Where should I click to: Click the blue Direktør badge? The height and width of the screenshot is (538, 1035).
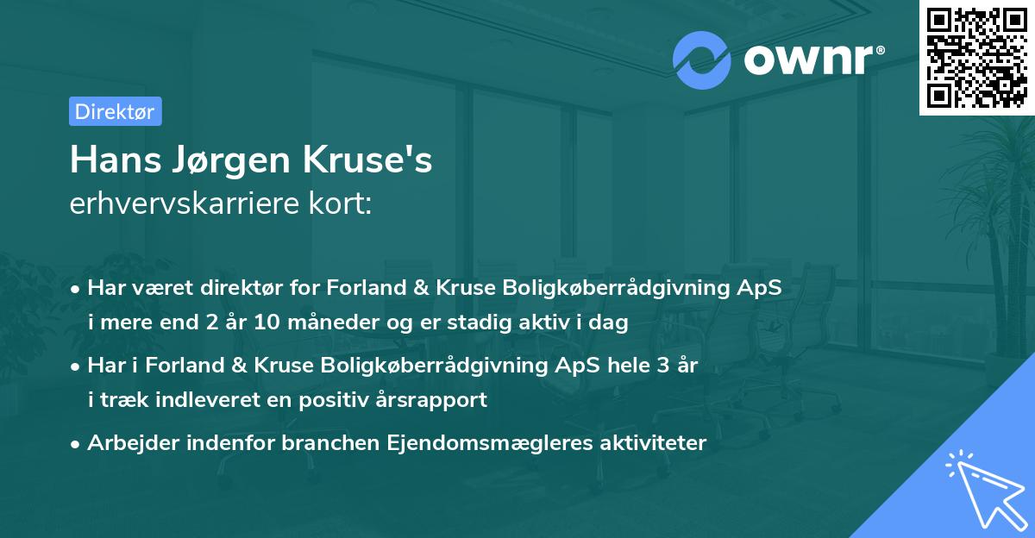coord(115,111)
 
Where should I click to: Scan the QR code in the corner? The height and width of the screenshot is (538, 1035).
coord(976,58)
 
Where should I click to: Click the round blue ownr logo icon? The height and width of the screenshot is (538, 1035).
coord(702,59)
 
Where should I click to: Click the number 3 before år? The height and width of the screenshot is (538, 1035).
coord(662,365)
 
